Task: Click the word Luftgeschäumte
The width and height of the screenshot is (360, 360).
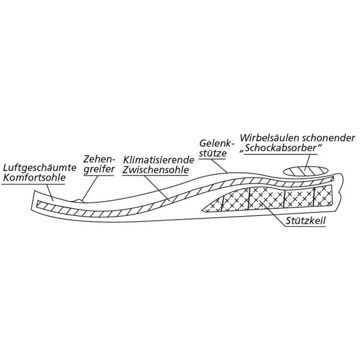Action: pyautogui.click(x=40, y=168)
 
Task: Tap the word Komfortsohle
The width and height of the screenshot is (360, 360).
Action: pyautogui.click(x=34, y=178)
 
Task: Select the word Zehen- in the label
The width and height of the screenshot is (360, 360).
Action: pyautogui.click(x=100, y=159)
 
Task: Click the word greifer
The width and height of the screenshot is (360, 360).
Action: pyautogui.click(x=99, y=169)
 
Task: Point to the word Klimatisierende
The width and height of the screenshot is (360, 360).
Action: pyautogui.click(x=158, y=160)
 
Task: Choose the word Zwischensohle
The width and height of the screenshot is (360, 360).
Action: pyautogui.click(x=155, y=170)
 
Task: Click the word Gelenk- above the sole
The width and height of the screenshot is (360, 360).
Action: pyautogui.click(x=217, y=143)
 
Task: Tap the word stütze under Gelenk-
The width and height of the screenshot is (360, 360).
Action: pyautogui.click(x=212, y=153)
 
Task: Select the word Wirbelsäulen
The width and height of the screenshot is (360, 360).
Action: pyautogui.click(x=269, y=138)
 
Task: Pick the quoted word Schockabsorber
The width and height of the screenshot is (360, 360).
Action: pyautogui.click(x=281, y=148)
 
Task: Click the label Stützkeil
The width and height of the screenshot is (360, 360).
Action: pyautogui.click(x=305, y=221)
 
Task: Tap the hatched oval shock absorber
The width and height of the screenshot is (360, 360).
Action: pyautogui.click(x=305, y=172)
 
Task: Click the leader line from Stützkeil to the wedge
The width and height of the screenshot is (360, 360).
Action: pyautogui.click(x=272, y=213)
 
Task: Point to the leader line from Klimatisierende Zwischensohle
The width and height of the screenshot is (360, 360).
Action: pyautogui.click(x=157, y=188)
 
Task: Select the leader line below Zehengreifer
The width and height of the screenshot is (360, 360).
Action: pyautogui.click(x=91, y=188)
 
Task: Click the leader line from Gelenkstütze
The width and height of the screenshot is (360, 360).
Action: pyautogui.click(x=219, y=166)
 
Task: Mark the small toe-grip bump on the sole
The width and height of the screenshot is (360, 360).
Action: pyautogui.click(x=79, y=201)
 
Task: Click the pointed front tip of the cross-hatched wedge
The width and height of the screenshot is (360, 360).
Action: pyautogui.click(x=202, y=210)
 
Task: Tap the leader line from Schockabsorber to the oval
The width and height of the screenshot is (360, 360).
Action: pyautogui.click(x=308, y=163)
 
